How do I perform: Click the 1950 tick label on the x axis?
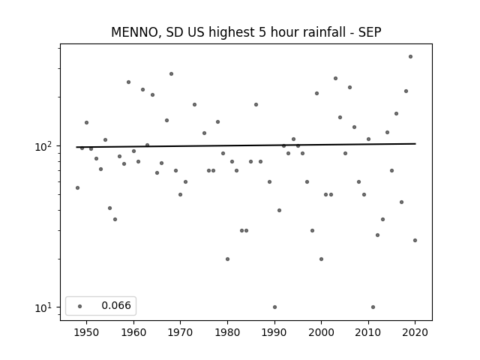tap(87, 332)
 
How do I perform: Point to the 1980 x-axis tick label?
tap(227, 332)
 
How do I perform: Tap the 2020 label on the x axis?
tap(415, 332)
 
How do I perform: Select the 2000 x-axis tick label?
tap(321, 332)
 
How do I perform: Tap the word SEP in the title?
tap(370, 32)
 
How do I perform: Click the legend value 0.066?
tap(116, 305)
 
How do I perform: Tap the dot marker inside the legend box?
tap(80, 306)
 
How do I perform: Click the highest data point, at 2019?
tap(410, 57)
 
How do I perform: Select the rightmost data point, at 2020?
tap(415, 240)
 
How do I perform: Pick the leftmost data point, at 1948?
tap(77, 187)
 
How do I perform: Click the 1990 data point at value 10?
tap(274, 307)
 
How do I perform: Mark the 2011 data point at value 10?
tap(373, 307)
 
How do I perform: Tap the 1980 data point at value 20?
tap(227, 259)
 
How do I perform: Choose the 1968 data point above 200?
tap(172, 73)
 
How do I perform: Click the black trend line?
tap(246, 145)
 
